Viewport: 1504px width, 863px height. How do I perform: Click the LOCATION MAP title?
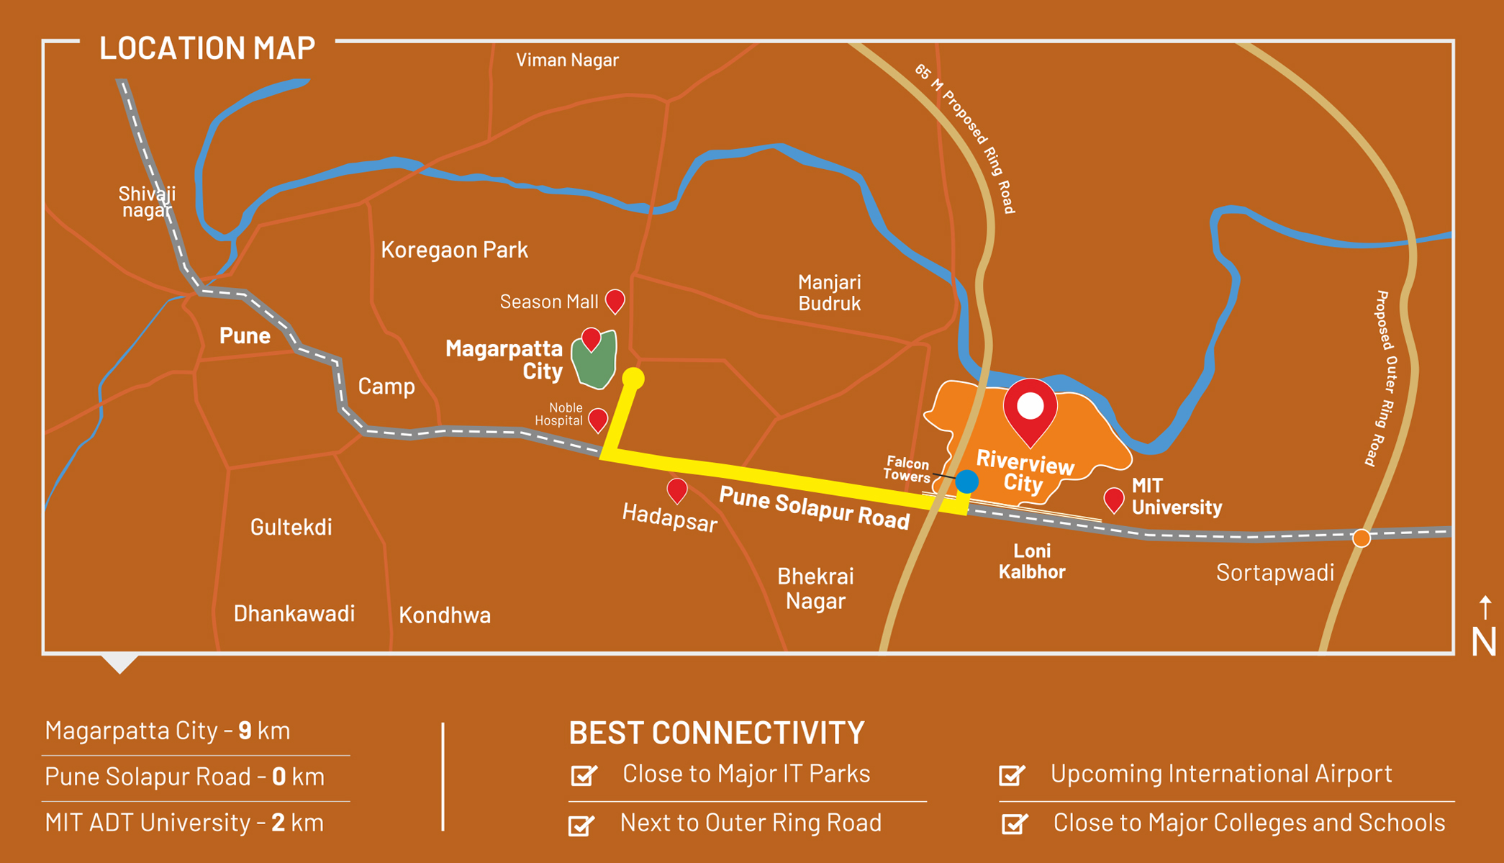pyautogui.click(x=207, y=48)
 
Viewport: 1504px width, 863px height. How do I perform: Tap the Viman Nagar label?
pyautogui.click(x=567, y=60)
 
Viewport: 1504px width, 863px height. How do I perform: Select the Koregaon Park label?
pyautogui.click(x=454, y=250)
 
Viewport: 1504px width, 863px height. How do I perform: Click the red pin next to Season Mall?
pyautogui.click(x=615, y=299)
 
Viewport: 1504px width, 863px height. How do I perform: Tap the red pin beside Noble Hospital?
pyautogui.click(x=598, y=418)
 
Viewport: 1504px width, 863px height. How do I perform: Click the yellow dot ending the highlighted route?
pyautogui.click(x=633, y=378)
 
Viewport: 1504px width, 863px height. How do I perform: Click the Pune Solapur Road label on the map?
pyautogui.click(x=814, y=508)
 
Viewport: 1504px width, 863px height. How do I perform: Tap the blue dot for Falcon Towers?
pyautogui.click(x=966, y=481)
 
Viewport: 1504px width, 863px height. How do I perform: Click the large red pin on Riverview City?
pyautogui.click(x=1030, y=408)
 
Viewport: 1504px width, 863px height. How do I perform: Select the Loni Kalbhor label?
pyautogui.click(x=1032, y=561)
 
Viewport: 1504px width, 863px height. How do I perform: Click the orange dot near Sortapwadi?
pyautogui.click(x=1361, y=538)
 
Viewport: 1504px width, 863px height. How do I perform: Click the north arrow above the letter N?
pyautogui.click(x=1485, y=607)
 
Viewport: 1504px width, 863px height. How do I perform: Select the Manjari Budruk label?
pyautogui.click(x=829, y=293)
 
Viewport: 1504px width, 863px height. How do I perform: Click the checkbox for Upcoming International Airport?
pyautogui.click(x=1012, y=774)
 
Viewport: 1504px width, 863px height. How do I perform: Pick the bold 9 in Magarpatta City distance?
pyautogui.click(x=245, y=731)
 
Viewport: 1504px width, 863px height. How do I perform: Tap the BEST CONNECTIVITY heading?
pyautogui.click(x=716, y=733)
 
